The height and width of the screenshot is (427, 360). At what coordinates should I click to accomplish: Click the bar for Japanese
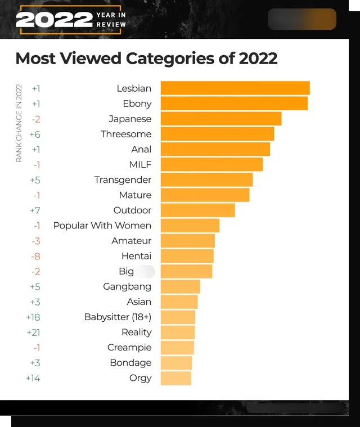220,119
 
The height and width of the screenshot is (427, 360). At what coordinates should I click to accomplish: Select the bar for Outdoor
197,210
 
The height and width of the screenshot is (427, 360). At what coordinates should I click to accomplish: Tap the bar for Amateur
187,241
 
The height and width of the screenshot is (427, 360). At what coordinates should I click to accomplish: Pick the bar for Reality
177,332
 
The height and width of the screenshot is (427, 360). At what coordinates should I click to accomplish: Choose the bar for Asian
179,302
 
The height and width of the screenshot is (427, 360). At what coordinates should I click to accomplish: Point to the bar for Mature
205,195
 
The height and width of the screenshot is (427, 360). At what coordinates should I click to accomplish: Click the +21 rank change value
33,332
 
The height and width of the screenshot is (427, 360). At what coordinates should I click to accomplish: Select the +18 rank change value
33,317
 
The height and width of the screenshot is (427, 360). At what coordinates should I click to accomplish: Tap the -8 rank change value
35,256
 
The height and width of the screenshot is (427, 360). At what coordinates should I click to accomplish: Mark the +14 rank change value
33,378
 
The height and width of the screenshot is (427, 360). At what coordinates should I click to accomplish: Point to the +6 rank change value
35,134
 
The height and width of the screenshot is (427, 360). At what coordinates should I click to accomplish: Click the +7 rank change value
35,210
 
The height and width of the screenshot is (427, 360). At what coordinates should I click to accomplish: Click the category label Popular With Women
102,226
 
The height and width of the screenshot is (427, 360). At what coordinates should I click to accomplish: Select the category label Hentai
137,256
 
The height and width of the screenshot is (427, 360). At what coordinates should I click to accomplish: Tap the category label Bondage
130,363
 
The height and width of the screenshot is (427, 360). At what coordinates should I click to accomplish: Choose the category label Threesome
126,134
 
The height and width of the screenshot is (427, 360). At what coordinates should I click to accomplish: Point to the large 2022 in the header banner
54,20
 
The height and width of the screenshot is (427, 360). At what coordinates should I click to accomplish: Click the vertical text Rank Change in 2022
19,123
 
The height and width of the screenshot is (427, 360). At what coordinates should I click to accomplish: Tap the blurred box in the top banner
302,19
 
